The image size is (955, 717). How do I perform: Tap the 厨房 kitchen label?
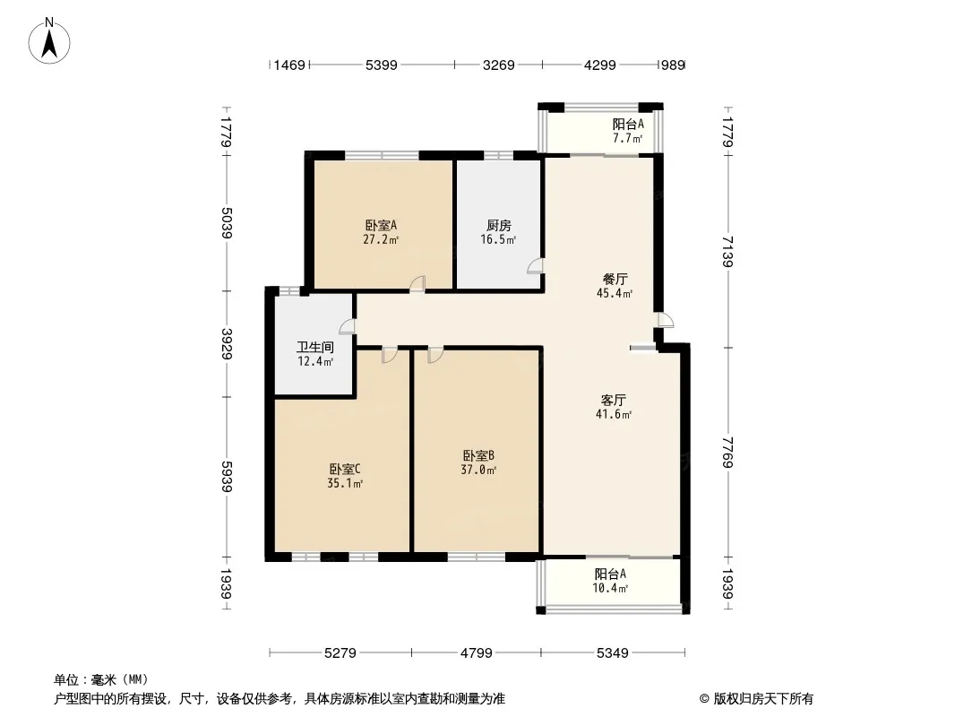click(x=500, y=226)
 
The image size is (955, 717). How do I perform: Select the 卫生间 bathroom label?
click(x=315, y=347)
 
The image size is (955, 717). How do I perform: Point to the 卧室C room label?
click(x=344, y=469)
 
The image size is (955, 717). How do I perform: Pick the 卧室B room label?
click(x=479, y=455)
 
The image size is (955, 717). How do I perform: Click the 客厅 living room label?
click(x=614, y=400)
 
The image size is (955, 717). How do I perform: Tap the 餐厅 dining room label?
click(x=614, y=279)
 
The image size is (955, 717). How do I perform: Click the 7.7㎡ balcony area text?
click(x=627, y=139)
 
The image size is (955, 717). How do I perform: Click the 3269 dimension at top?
click(x=499, y=65)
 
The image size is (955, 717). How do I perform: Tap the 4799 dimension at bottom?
click(x=477, y=653)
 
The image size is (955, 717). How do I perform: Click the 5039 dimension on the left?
click(x=225, y=221)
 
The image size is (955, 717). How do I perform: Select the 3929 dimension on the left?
click(x=225, y=343)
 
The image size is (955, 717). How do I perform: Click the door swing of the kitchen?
click(x=535, y=266)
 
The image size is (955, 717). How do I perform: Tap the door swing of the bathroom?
click(x=347, y=326)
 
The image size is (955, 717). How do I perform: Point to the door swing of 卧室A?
click(x=417, y=284)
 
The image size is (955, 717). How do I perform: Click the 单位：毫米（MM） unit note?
click(x=100, y=679)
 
